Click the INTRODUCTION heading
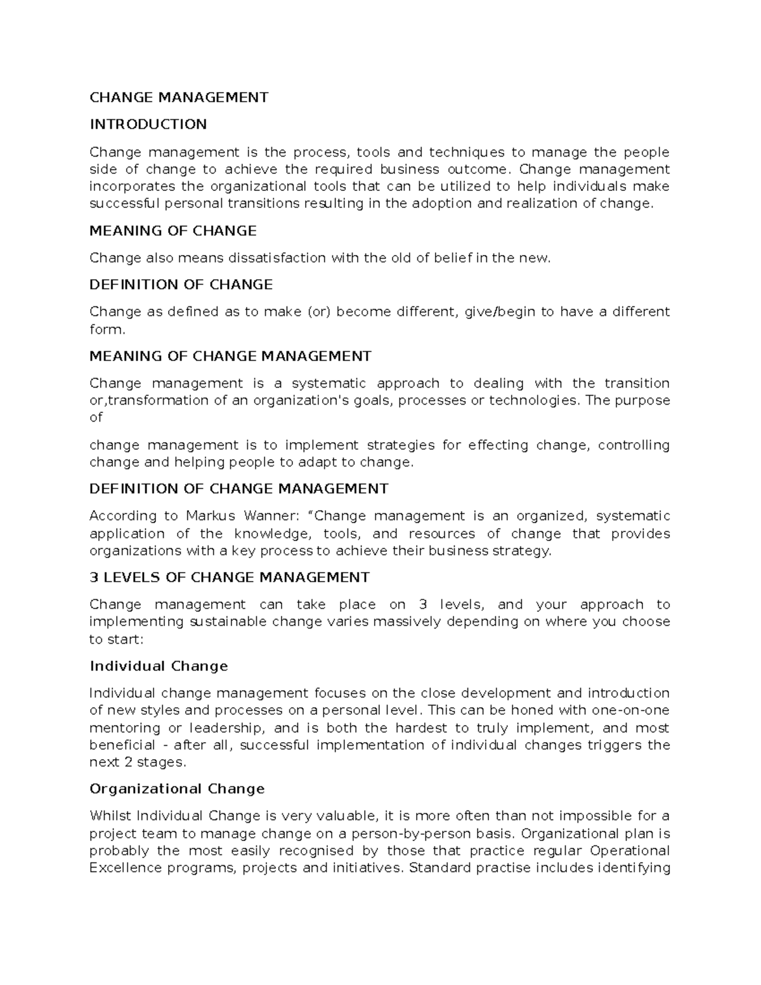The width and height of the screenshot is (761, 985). (148, 124)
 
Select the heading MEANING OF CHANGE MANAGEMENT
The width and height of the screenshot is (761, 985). (230, 356)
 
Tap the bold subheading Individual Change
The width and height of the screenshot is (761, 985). (159, 667)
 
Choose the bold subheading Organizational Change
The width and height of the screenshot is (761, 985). (177, 789)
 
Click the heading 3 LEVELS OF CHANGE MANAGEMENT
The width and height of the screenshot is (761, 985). (230, 578)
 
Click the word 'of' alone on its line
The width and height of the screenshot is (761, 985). (96, 418)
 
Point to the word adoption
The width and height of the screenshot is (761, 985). (442, 204)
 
